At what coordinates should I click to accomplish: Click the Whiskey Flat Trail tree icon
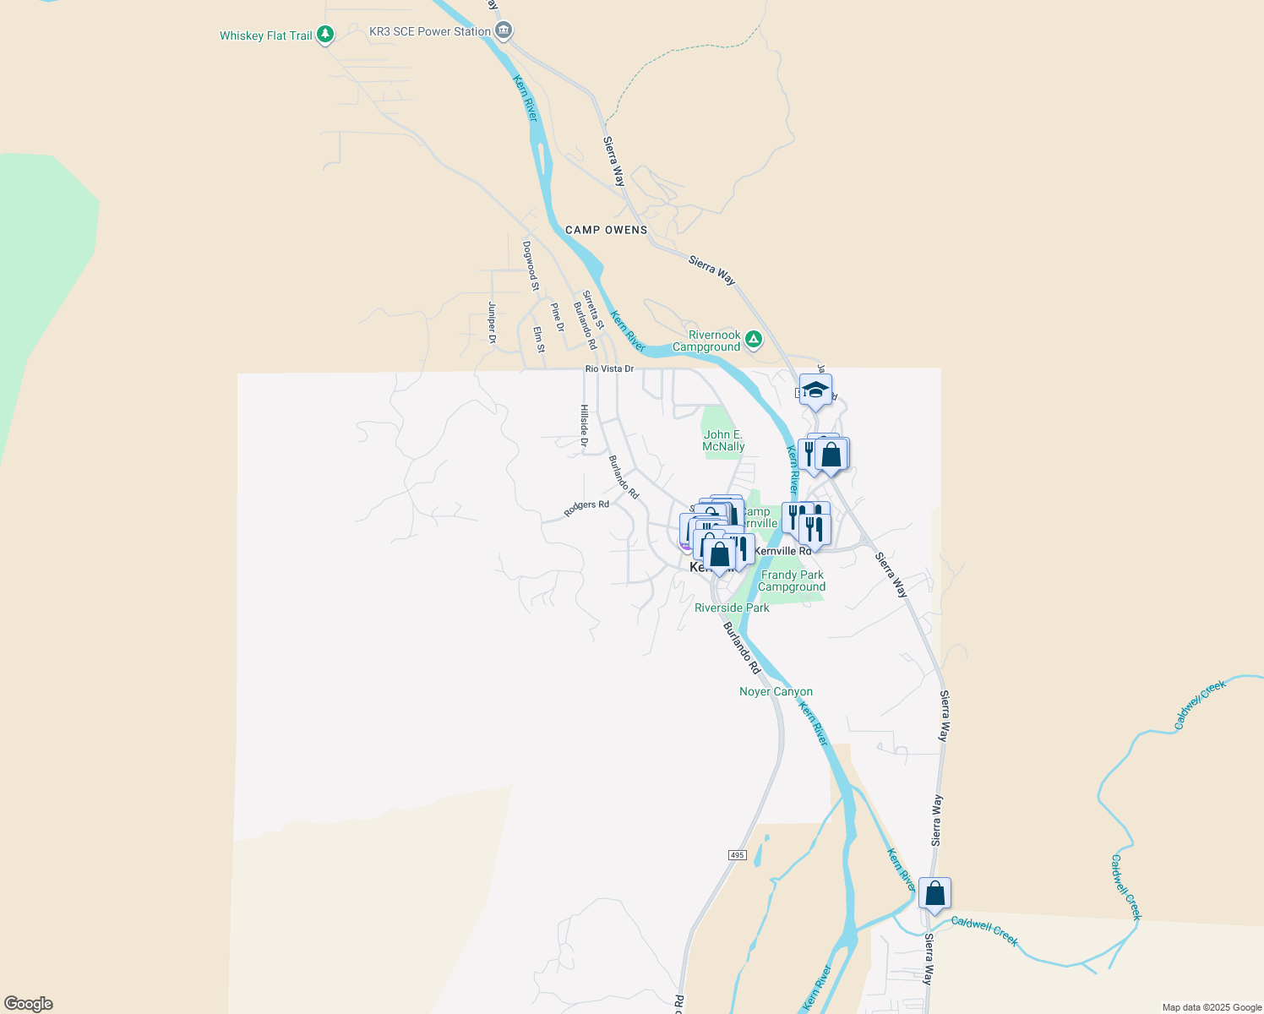(325, 35)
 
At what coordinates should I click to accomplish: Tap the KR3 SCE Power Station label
(429, 31)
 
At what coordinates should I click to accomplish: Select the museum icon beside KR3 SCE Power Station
(504, 31)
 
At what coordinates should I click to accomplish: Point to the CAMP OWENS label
(606, 230)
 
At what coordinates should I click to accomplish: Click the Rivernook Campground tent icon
(754, 340)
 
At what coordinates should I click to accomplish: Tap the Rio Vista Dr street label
(609, 369)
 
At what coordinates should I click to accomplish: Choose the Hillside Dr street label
(584, 425)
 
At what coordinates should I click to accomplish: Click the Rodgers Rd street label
(586, 508)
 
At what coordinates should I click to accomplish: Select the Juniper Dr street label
(492, 323)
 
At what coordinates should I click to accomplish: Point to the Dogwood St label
(530, 265)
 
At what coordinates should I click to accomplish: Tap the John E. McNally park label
(723, 440)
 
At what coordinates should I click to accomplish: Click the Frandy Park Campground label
(792, 581)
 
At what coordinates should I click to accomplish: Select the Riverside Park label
(732, 608)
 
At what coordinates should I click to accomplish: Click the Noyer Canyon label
(776, 691)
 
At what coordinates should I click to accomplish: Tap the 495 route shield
(737, 855)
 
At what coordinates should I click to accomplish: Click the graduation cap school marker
(815, 390)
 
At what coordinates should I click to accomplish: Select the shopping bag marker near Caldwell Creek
(934, 894)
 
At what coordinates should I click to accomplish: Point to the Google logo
(29, 1004)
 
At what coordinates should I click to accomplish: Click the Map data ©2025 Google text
(1212, 1007)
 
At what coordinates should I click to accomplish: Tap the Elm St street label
(539, 340)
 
